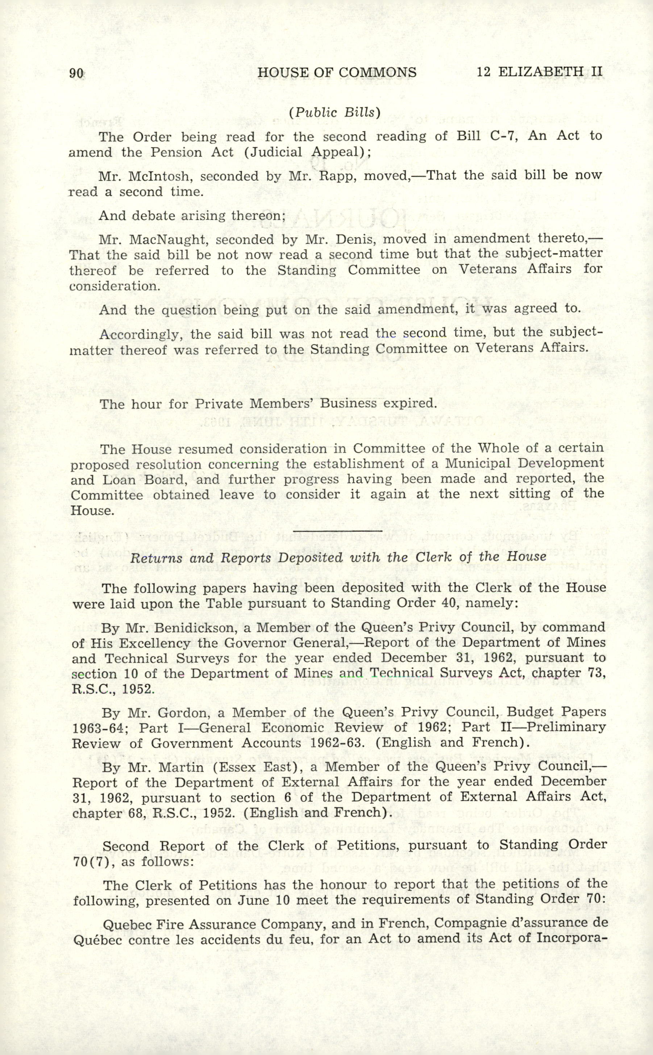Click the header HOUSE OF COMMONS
[x=337, y=73]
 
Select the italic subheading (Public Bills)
[x=335, y=112]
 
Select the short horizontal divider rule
[x=338, y=530]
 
